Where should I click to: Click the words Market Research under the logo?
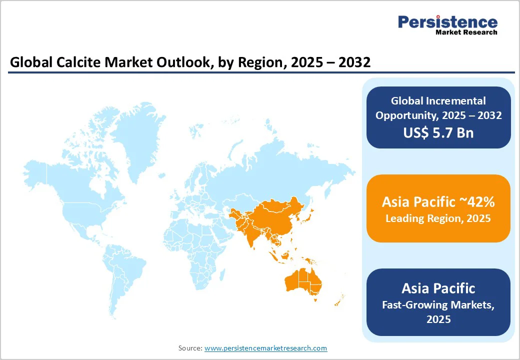pos(466,32)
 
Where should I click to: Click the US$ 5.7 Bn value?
pos(438,132)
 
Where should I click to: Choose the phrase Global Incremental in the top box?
pos(438,101)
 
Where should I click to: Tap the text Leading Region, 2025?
pos(438,218)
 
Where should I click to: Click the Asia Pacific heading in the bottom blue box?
pos(438,288)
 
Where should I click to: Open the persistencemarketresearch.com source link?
pos(265,348)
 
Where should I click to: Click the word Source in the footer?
pos(189,348)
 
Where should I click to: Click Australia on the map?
pos(302,280)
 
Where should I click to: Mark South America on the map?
pos(125,270)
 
